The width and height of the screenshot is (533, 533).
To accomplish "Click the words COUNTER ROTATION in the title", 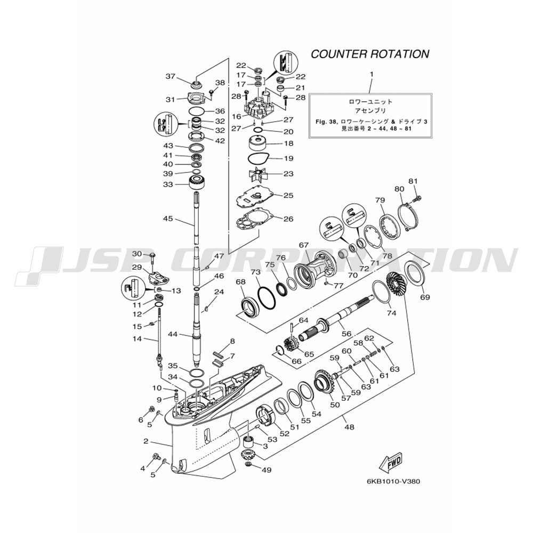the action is coord(370,54).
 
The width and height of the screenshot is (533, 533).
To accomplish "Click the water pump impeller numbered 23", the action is coord(261,175).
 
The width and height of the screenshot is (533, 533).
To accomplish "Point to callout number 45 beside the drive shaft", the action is coord(168,219).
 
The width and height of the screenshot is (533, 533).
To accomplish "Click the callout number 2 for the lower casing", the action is coord(146,441).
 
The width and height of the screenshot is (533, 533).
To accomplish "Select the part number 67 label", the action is coord(304,245).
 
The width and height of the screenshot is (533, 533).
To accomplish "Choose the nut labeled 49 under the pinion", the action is coord(248,464).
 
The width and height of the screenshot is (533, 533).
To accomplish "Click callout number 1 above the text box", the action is coord(371,74).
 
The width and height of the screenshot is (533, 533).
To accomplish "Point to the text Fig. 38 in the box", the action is coord(326,122).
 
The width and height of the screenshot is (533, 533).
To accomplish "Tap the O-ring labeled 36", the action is coord(196,111).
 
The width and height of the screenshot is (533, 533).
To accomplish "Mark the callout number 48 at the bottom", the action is coord(349,427).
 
